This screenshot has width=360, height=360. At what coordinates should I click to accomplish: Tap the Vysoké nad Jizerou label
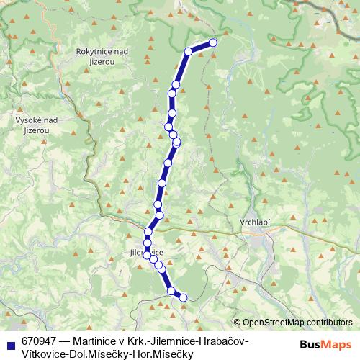click(x=32, y=125)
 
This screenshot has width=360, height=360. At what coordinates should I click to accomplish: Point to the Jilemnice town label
click(x=146, y=253)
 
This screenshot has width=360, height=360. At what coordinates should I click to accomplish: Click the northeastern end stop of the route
click(x=213, y=42)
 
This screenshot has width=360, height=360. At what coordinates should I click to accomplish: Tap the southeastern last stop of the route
click(x=183, y=297)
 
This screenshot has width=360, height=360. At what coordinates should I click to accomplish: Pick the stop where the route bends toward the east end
click(x=189, y=51)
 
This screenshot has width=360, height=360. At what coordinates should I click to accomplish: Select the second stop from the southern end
click(x=171, y=291)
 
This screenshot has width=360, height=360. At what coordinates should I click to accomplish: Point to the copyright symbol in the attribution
click(x=238, y=323)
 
